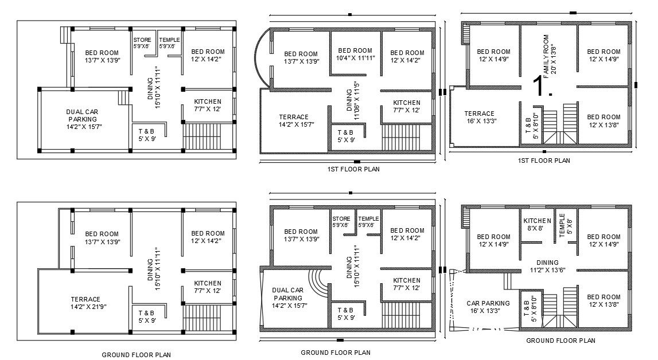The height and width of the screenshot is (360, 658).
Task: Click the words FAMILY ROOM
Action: (x=546, y=57)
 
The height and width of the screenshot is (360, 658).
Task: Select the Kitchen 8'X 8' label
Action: (x=537, y=225)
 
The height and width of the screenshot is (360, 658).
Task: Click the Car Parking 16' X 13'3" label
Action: (x=488, y=307)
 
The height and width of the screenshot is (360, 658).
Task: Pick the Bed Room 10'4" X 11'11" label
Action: (x=355, y=54)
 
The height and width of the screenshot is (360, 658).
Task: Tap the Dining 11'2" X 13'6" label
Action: (x=547, y=267)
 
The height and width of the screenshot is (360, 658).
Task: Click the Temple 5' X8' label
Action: (x=566, y=225)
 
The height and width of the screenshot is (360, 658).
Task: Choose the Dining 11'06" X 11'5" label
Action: (x=353, y=100)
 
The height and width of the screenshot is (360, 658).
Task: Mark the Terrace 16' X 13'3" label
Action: (x=479, y=118)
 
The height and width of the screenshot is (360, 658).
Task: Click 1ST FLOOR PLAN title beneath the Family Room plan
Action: (x=544, y=161)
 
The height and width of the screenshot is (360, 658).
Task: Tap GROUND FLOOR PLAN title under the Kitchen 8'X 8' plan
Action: (x=560, y=341)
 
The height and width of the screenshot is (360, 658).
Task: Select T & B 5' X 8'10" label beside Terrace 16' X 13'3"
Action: (x=531, y=126)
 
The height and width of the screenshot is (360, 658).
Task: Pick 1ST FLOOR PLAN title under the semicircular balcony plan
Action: (x=353, y=169)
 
